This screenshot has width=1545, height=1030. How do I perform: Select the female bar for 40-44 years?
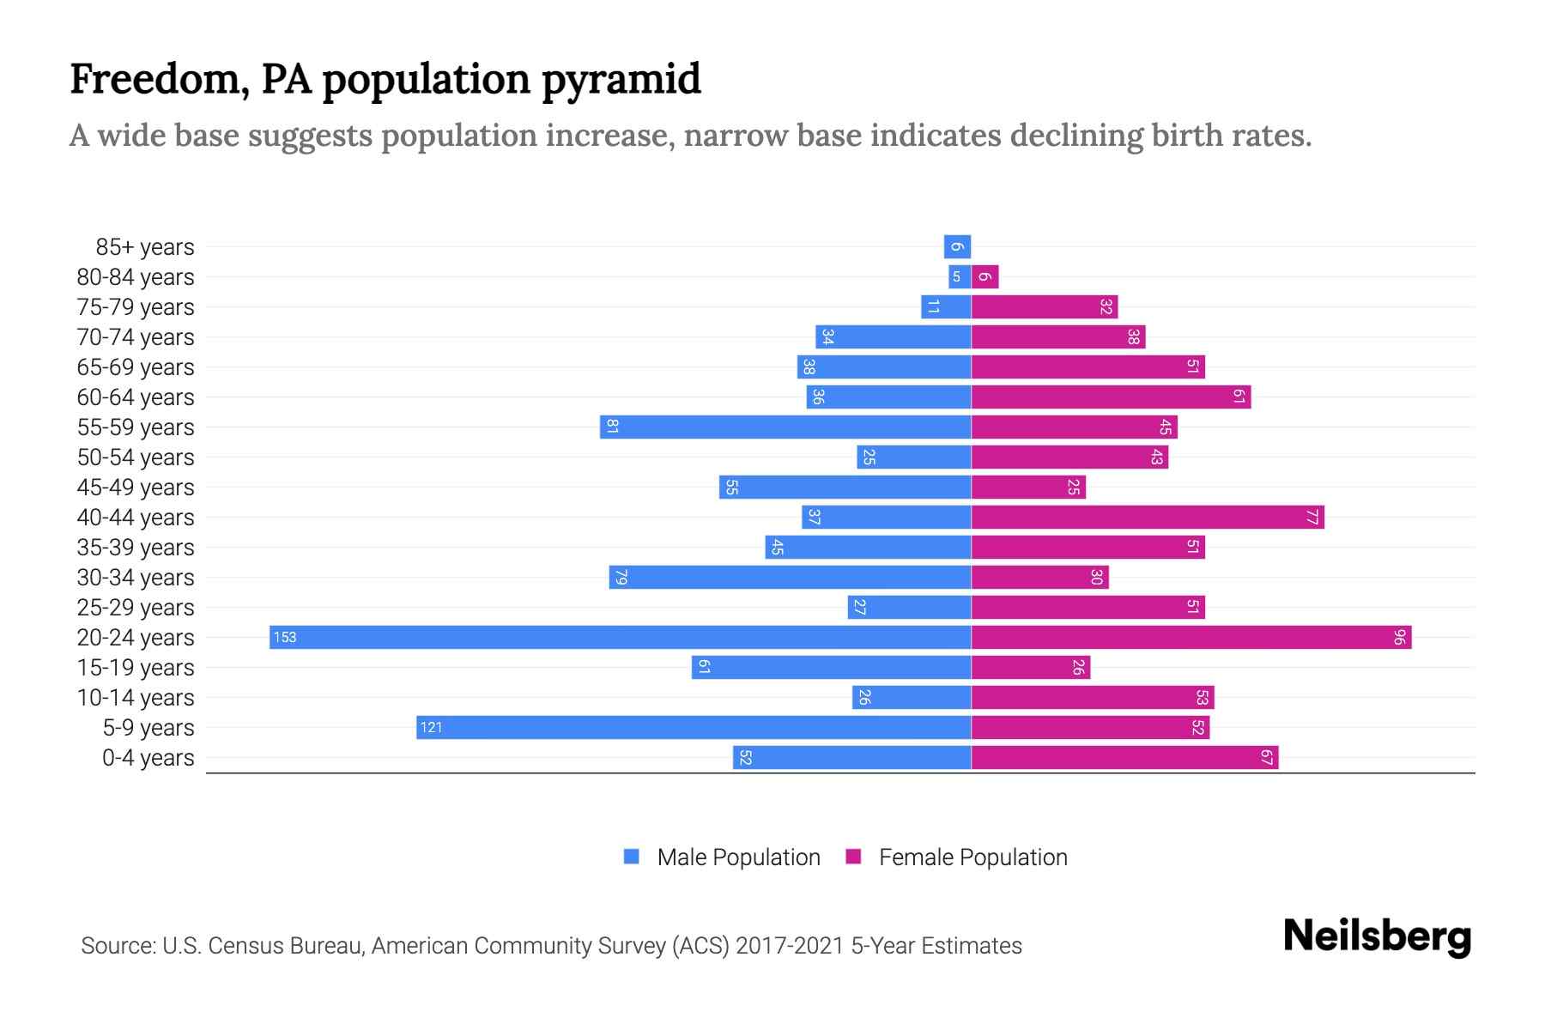point(1148,517)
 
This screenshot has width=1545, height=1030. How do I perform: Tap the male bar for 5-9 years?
point(694,727)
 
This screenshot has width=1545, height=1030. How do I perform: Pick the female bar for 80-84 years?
point(985,276)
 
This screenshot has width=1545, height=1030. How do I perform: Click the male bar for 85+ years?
point(957,246)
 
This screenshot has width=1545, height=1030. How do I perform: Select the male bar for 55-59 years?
point(785,427)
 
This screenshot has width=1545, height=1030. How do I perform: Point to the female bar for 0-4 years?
point(1124,757)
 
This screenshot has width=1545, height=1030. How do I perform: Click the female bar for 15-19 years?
point(1030,667)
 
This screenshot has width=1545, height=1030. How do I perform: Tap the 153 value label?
point(284,637)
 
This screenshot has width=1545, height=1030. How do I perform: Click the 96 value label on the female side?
point(1399,637)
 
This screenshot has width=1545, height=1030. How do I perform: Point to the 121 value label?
point(431,727)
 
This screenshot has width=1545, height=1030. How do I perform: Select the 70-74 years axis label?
point(136,336)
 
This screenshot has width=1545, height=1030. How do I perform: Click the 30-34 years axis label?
point(136,577)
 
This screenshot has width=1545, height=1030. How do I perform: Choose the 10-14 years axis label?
point(136,697)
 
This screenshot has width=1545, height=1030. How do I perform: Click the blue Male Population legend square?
point(632,857)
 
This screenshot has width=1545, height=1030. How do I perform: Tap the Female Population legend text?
point(972,857)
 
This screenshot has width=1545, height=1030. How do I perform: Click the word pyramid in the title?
point(621,79)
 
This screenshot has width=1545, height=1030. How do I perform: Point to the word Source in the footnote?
point(118,945)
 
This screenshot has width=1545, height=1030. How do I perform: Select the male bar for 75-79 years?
point(946,306)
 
